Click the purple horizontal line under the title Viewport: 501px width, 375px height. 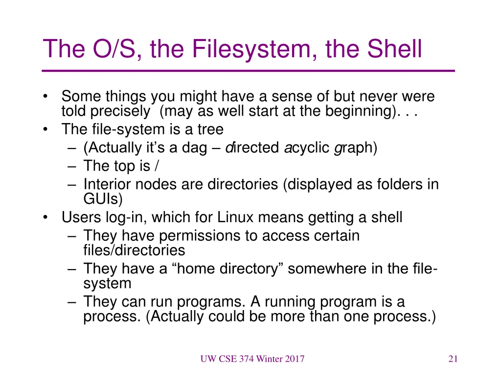249,71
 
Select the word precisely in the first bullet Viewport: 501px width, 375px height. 120,111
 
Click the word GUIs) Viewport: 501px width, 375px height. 103,199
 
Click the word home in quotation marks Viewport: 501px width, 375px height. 190,269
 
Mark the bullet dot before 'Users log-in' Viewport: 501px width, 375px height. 46,217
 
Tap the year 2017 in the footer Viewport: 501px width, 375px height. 295,359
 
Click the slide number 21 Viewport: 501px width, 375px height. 453,359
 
